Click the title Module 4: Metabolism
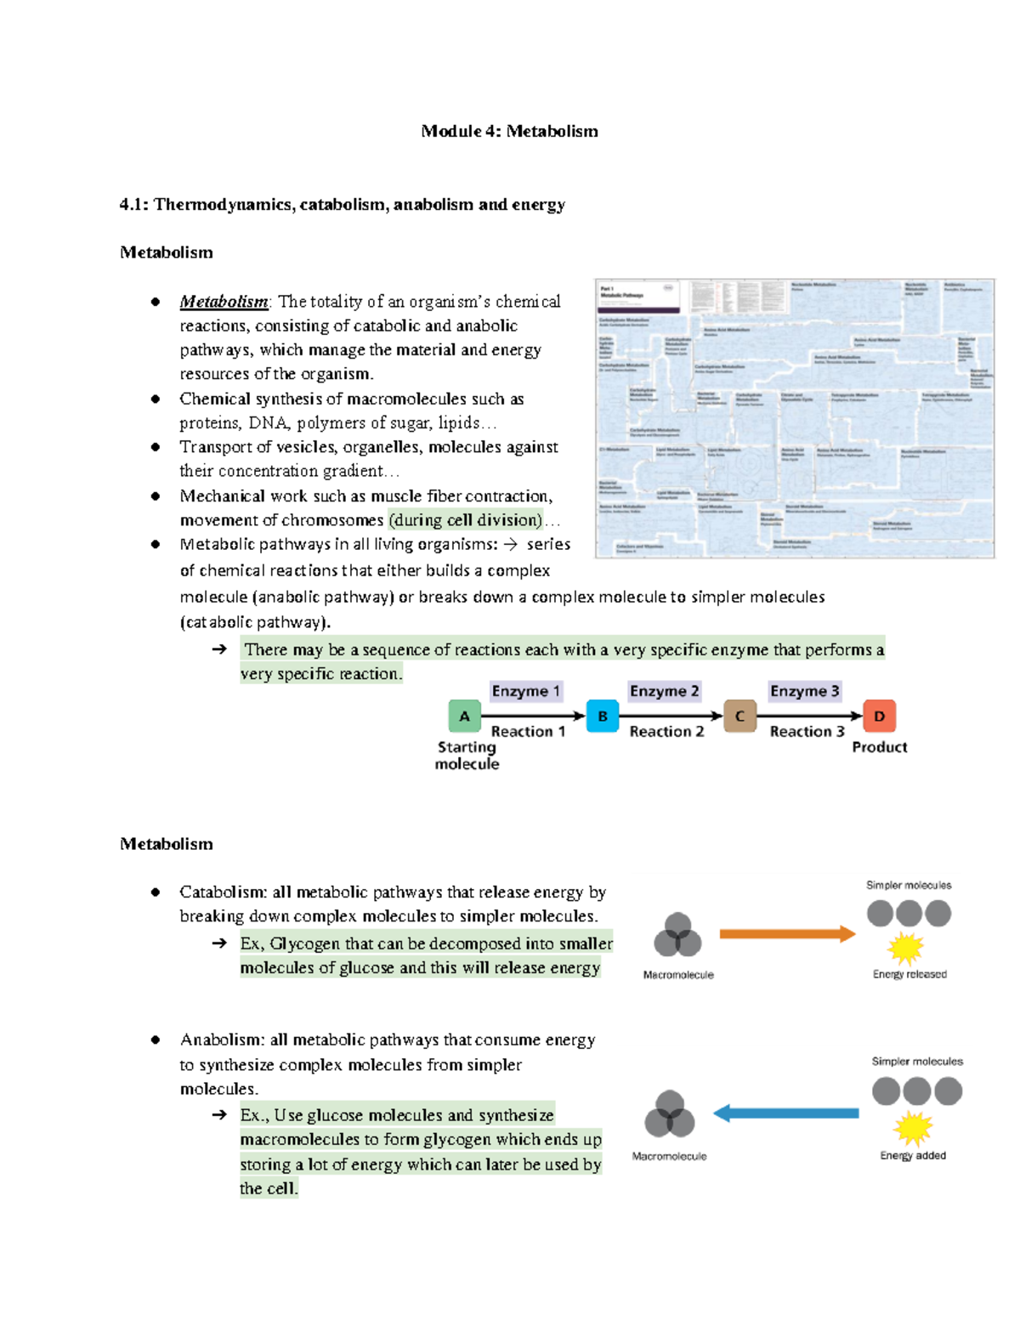point(509,131)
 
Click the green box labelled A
point(464,716)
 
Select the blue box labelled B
point(603,716)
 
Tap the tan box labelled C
point(739,716)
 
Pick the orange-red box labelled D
point(879,716)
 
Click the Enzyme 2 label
point(664,691)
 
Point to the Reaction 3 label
point(807,731)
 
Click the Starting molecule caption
point(467,755)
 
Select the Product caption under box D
point(879,747)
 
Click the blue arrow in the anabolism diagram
point(786,1113)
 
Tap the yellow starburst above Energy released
point(906,948)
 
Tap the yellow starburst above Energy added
point(913,1129)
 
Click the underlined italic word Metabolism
point(224,302)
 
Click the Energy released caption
point(909,974)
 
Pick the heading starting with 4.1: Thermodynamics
point(343,204)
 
